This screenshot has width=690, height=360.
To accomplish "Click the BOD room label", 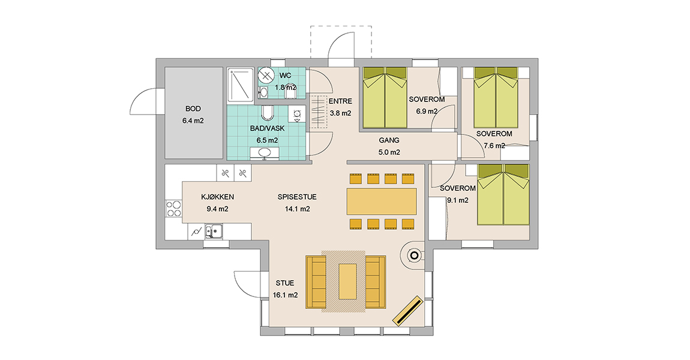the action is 193,109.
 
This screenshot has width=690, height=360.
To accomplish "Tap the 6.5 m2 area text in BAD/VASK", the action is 267,140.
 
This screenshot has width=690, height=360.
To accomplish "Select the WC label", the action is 285,76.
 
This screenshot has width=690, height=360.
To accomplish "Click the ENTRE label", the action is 341,101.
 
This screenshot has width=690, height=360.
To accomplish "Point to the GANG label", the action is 389,140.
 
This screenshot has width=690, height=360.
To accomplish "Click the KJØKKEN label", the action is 217,197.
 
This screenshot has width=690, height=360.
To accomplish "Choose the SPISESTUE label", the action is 297,197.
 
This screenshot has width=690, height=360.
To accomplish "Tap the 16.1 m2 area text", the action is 285,295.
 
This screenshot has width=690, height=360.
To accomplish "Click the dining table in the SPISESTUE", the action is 382,202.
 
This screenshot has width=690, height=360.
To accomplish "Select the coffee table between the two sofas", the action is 347,281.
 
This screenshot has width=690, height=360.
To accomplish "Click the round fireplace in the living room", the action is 414,255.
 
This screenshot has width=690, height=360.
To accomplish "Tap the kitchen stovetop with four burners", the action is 173,209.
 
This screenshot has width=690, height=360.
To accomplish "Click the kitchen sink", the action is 214,231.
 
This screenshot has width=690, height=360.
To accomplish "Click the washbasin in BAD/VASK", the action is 265,153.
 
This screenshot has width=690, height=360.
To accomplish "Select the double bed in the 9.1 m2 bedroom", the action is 503,194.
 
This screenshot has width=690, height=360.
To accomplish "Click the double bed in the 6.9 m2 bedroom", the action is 385,98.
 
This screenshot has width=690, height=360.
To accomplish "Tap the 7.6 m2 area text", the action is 494,146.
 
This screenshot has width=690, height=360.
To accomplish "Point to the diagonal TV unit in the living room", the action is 407,311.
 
